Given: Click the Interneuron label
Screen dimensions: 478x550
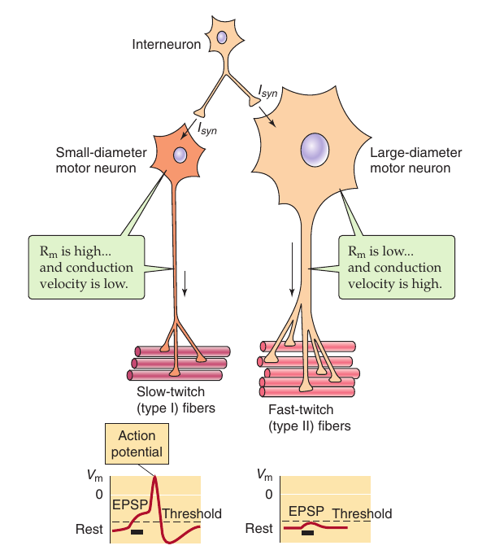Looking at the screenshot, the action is (167, 45).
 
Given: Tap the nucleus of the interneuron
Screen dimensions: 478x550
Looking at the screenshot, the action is (222, 37).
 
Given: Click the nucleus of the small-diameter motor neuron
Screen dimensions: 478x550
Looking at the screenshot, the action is (180, 155).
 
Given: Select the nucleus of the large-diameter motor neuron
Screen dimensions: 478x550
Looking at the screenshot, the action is (315, 150).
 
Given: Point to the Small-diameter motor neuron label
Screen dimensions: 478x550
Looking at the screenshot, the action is (102, 160).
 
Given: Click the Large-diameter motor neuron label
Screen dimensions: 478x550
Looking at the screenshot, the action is (416, 160).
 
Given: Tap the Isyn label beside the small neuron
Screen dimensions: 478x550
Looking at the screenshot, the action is (207, 129).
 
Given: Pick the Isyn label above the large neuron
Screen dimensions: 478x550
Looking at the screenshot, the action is (267, 91).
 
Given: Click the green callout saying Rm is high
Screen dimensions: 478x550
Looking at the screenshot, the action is (86, 268).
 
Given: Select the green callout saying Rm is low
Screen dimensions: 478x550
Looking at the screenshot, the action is (397, 268).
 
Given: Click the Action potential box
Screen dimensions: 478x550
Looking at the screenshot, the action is (137, 443).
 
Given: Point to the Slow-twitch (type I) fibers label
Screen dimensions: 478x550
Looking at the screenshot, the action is (176, 399).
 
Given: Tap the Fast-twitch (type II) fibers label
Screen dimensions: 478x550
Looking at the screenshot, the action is (310, 417).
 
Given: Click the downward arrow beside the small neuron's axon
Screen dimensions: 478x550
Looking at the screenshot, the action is (185, 283).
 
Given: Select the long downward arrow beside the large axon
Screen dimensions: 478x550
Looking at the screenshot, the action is (292, 269).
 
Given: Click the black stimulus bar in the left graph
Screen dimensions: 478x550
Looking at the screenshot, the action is (137, 532).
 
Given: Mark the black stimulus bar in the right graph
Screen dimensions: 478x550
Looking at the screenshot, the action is (307, 533).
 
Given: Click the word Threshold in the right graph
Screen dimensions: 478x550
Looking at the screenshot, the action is (362, 513).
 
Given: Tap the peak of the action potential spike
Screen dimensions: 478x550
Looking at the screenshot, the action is (154, 476).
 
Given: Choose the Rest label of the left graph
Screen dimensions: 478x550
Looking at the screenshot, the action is (89, 529).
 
